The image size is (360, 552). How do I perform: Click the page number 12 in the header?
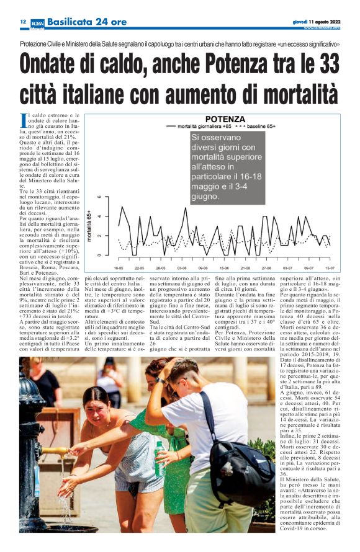point(22,21)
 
